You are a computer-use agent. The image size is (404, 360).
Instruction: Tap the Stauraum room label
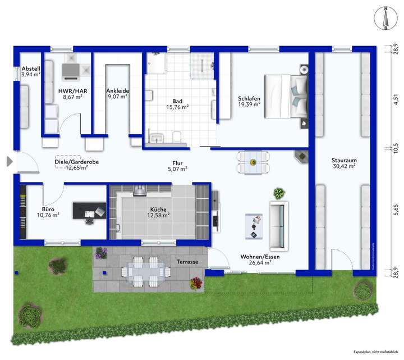coord(344,160)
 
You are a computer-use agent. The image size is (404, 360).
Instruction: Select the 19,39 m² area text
coord(249,104)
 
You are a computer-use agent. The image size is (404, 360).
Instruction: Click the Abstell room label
coord(30,68)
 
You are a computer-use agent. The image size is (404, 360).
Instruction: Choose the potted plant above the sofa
coord(278,194)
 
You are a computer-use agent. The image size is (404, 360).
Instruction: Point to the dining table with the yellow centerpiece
coord(252,162)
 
